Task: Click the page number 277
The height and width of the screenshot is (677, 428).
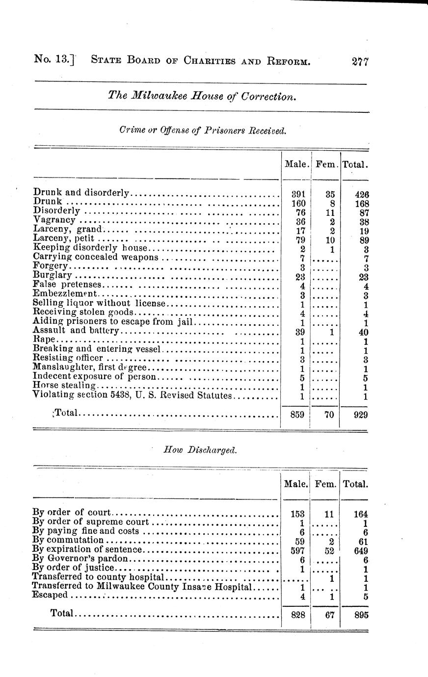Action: (360, 62)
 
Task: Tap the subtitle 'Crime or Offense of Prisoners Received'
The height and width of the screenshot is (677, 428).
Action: (202, 130)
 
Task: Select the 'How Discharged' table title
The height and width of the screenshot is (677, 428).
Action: (200, 450)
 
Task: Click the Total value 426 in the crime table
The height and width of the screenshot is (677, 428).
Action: (362, 194)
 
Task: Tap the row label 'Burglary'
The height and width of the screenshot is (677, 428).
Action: (53, 276)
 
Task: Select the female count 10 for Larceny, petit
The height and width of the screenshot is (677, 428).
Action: (330, 240)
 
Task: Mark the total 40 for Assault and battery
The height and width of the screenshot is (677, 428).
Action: (363, 332)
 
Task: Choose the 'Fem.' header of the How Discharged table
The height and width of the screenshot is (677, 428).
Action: (325, 484)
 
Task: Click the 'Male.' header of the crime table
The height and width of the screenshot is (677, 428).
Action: (296, 164)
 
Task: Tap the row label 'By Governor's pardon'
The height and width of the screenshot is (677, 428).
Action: (80, 559)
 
